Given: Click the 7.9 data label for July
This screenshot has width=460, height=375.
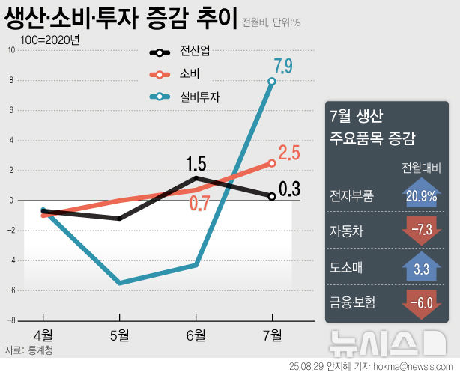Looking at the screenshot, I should (283, 64).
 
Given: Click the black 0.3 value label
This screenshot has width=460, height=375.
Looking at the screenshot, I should (289, 189).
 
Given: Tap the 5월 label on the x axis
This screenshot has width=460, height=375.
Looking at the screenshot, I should (119, 335).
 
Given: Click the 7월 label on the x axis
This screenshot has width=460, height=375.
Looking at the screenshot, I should (272, 335).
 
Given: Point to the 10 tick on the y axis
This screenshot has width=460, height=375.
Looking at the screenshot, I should (11, 50).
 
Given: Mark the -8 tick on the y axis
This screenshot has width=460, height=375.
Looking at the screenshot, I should (11, 320).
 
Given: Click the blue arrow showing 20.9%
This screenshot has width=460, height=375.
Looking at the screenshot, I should (420, 195).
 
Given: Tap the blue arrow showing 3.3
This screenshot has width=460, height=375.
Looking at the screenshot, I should (420, 266).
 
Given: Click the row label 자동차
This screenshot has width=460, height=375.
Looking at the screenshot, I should (347, 231).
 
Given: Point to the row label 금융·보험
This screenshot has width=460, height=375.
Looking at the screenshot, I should (353, 302).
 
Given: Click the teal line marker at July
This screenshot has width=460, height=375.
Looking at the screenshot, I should (272, 81).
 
